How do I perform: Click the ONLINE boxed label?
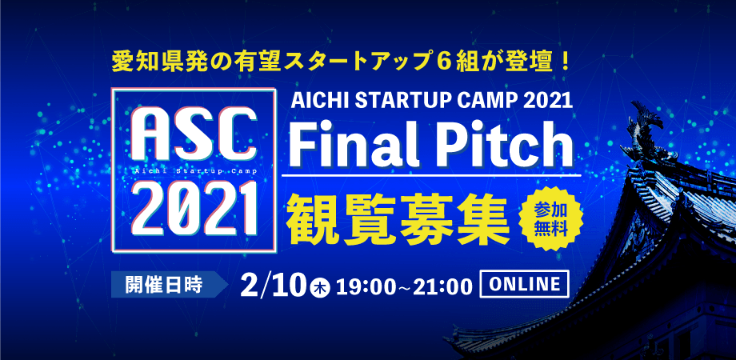pyautogui.click(x=524, y=284)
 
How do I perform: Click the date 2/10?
pyautogui.click(x=275, y=285)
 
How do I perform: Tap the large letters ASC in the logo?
pyautogui.click(x=194, y=136)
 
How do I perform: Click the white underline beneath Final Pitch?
pyautogui.click(x=431, y=175)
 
